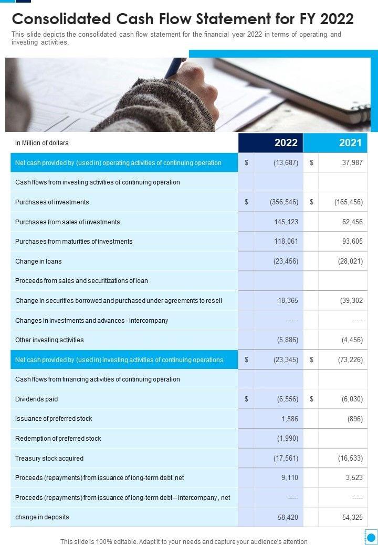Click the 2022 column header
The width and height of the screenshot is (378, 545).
tap(286, 143)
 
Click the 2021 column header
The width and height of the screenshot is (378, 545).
tap(350, 143)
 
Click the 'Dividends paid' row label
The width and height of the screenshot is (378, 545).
tap(37, 399)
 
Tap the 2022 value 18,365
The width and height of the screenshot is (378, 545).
tap(288, 301)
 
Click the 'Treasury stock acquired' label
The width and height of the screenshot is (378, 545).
tap(49, 459)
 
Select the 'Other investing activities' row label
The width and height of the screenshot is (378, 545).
tap(49, 340)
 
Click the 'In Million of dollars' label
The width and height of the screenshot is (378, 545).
tap(42, 143)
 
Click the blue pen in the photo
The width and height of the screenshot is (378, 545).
tap(174, 68)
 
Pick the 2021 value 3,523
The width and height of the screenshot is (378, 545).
tap(354, 478)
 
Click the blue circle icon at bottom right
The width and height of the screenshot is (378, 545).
tap(371, 537)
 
